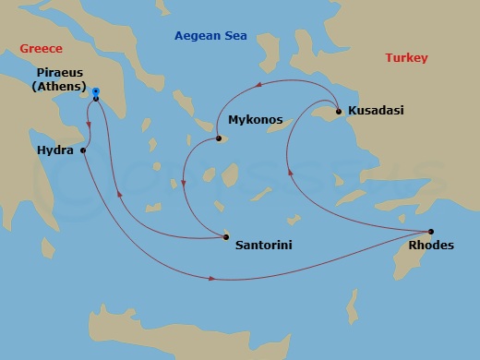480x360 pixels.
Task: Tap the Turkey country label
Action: (406, 58)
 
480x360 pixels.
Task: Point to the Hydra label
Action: (55, 150)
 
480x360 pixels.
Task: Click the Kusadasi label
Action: (378, 112)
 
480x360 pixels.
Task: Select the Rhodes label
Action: (430, 245)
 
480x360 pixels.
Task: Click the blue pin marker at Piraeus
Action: (96, 92)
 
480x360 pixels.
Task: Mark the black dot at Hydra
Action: (83, 150)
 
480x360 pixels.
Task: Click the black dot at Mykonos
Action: (219, 139)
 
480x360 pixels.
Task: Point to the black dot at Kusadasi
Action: (339, 112)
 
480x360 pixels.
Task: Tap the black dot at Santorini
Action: (226, 237)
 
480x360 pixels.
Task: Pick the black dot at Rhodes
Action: (431, 231)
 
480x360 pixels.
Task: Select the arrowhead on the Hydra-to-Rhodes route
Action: (213, 278)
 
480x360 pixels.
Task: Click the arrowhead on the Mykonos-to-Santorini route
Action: (184, 182)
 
